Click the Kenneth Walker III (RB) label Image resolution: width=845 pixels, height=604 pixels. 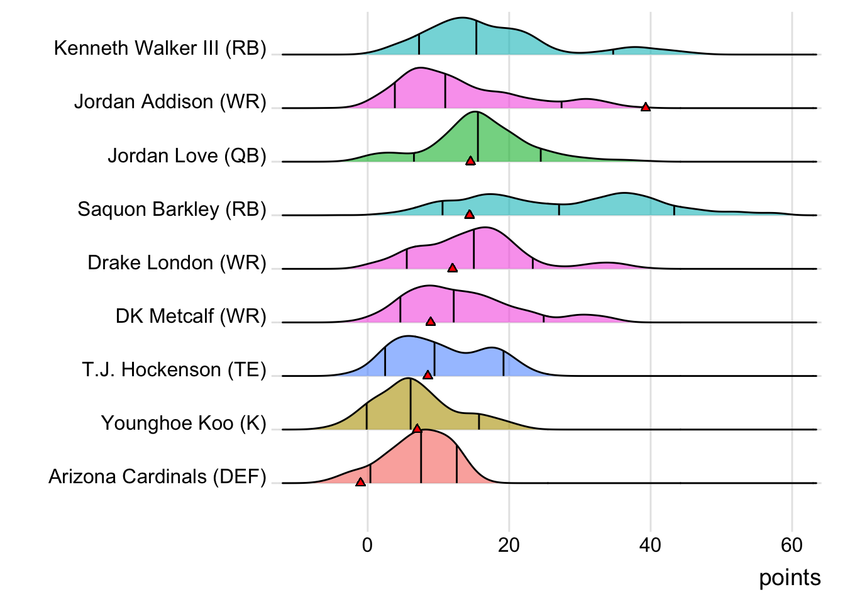(x=160, y=48)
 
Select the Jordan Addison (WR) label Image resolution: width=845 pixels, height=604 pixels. (x=170, y=102)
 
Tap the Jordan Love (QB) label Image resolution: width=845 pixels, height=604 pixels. (x=187, y=155)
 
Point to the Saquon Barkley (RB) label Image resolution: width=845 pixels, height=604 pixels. (x=172, y=209)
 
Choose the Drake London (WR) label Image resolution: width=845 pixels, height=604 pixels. (x=177, y=262)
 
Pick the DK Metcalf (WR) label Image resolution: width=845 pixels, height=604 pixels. (x=191, y=316)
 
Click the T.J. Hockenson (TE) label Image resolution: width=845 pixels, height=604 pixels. (x=174, y=369)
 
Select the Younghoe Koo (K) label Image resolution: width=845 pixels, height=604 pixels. (x=184, y=423)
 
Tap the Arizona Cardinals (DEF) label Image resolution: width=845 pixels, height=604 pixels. (x=158, y=476)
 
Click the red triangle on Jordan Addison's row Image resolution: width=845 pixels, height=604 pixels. (x=645, y=108)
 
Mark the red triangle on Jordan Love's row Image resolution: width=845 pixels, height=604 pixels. (x=470, y=161)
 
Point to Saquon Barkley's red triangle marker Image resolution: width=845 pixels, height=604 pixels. (x=469, y=215)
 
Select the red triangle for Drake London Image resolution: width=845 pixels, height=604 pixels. (x=452, y=268)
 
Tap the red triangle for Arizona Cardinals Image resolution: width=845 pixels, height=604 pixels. (x=360, y=482)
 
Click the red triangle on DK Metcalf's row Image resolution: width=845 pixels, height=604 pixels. (x=431, y=322)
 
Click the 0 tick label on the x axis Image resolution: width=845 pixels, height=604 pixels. (x=367, y=545)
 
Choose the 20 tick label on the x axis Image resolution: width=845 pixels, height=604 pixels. (x=509, y=545)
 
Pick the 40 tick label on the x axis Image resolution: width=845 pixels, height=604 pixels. (x=650, y=545)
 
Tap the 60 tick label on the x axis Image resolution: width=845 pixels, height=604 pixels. (x=792, y=545)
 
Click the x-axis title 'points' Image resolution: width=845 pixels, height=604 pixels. (x=790, y=578)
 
